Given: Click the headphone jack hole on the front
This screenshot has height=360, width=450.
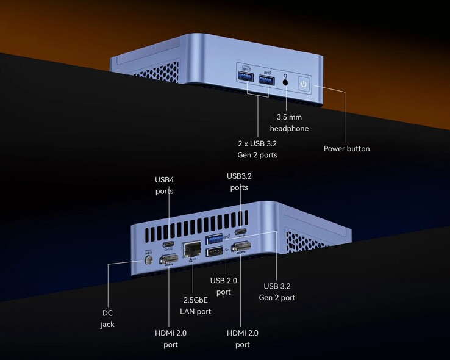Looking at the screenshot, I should pos(285,81).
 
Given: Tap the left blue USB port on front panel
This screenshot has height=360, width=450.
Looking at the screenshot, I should pos(246,79).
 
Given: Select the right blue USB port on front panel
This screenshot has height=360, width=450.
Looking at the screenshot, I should pos(266,79).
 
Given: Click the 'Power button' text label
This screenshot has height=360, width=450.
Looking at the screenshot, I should pos(346,148).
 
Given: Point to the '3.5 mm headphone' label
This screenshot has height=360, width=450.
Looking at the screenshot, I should pos(289,123).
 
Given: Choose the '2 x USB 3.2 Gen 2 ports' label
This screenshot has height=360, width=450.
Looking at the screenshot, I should pos(257,149).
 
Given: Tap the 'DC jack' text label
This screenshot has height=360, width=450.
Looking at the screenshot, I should pos(107,319).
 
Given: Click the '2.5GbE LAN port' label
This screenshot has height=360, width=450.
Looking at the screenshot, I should pos(195,306).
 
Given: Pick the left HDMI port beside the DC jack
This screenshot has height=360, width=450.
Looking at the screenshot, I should pos(168,261).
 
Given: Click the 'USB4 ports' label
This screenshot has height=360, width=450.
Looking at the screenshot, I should pos(164,185).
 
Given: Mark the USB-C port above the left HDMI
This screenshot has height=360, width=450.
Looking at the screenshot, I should pos(169,245).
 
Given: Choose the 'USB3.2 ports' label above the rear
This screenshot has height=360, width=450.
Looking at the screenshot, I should pos(239,182).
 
